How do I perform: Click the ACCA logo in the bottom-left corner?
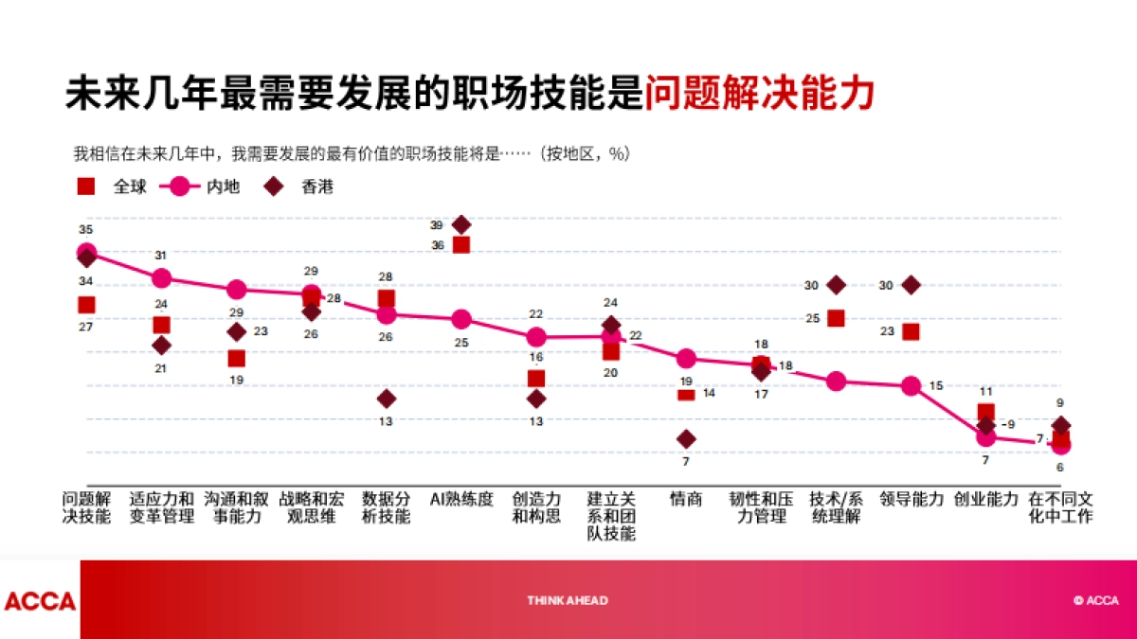pos(40,601)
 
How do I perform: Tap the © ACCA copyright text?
pos(1095,600)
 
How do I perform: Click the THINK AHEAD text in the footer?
pos(568,600)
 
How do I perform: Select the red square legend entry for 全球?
pos(86,186)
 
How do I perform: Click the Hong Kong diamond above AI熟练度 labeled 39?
pos(461,224)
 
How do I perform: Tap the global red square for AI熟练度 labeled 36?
pos(461,245)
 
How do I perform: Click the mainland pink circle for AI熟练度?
pos(461,319)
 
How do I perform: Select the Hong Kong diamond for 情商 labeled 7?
pos(686,438)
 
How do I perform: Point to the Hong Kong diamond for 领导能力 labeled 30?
pos(911,285)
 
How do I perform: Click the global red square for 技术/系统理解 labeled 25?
pos(836,318)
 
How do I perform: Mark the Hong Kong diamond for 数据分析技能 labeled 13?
pos(387,399)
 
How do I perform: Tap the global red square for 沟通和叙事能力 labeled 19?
pos(237,358)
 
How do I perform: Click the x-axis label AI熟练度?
pos(461,499)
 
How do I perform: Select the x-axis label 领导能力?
pos(911,499)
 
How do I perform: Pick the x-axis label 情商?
pos(686,499)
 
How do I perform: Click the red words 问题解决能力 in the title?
pos(759,95)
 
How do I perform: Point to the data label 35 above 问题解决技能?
pos(86,230)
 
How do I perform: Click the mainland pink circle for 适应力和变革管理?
pos(162,278)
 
